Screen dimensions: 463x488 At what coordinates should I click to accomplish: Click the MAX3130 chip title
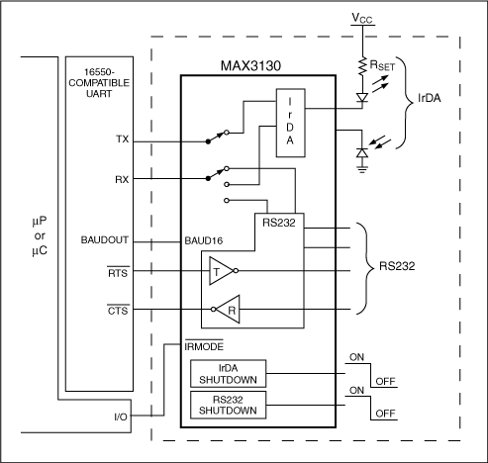click(242, 64)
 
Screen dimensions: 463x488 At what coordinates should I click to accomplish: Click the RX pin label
click(122, 180)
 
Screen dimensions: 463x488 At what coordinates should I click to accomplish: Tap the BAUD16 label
click(205, 240)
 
